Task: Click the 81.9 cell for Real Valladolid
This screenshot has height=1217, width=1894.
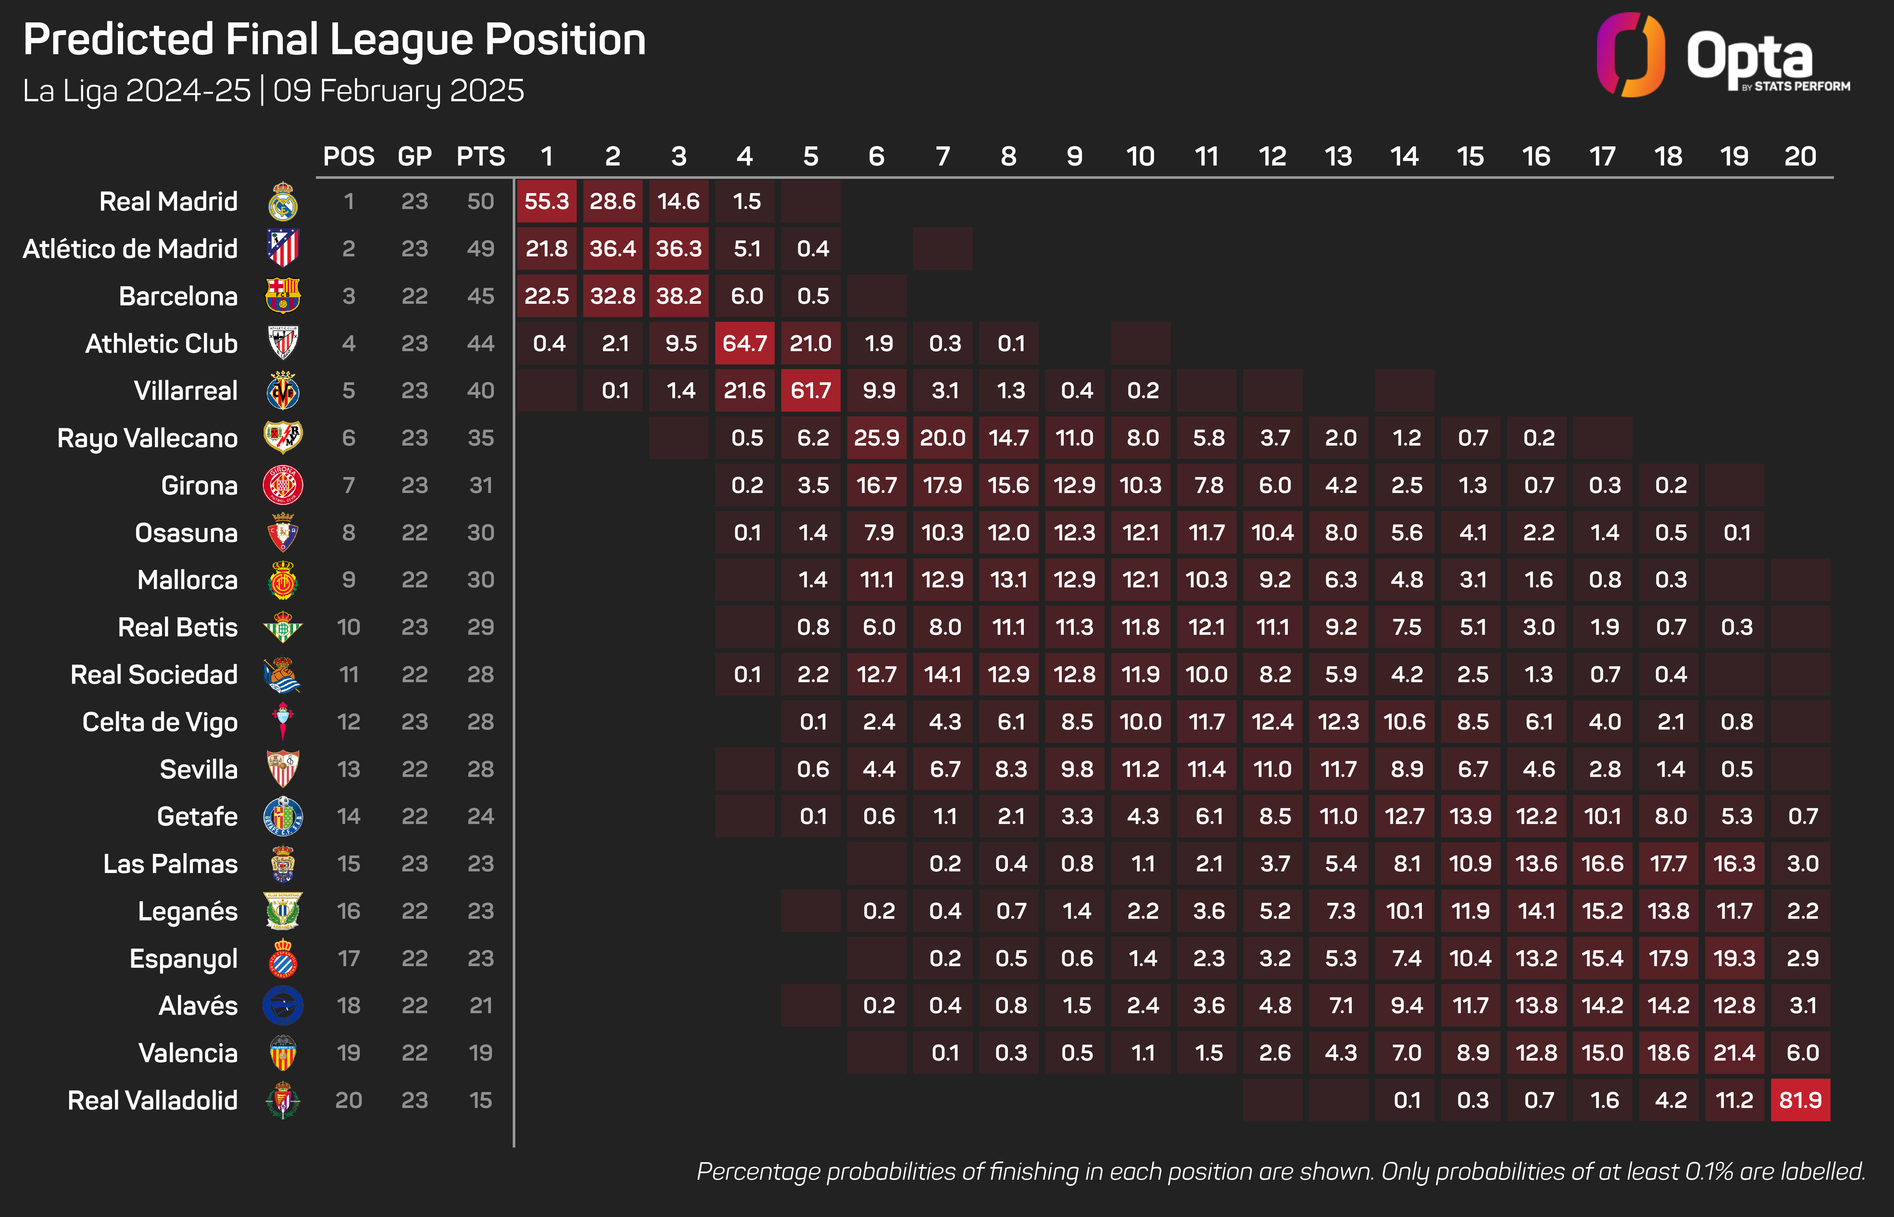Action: coord(1800,1100)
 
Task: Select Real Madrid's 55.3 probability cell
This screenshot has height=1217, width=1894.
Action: coord(546,202)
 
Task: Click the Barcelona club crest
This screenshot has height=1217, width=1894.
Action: coord(282,296)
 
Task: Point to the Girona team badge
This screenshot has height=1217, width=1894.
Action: coord(282,485)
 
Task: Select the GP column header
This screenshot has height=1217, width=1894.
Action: coord(414,156)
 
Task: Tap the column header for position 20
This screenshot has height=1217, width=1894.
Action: coord(1800,156)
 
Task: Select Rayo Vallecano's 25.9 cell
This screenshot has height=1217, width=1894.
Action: coord(877,438)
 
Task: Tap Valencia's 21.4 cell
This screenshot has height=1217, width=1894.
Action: coord(1734,1053)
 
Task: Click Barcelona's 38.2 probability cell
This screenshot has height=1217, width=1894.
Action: coord(678,296)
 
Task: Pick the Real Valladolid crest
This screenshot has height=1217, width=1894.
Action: coord(282,1100)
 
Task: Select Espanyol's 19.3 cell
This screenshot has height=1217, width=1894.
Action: coord(1734,958)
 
